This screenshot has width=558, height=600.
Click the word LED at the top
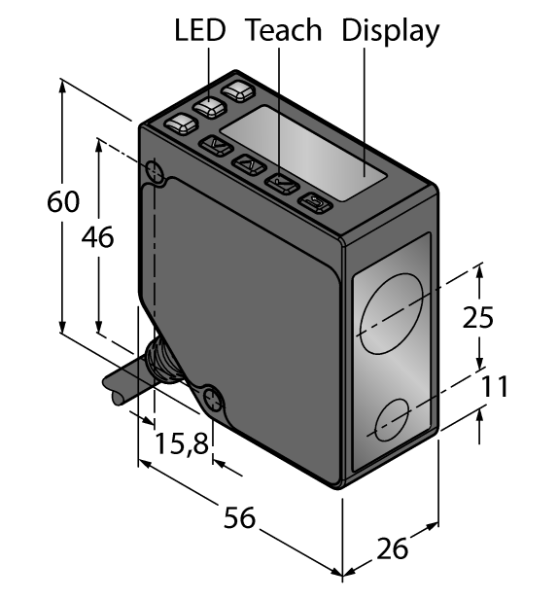[x=199, y=31]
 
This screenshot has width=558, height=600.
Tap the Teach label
[x=283, y=31]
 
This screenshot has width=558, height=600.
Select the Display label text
[x=390, y=31]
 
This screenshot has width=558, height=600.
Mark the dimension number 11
[x=495, y=386]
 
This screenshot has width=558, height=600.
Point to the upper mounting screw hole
[x=155, y=173]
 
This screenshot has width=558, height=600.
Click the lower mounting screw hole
[x=213, y=397]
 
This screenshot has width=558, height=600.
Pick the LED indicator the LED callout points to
[x=210, y=108]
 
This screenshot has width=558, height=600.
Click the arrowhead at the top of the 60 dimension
[x=63, y=86]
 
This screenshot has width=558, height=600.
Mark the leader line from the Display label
[x=366, y=112]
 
